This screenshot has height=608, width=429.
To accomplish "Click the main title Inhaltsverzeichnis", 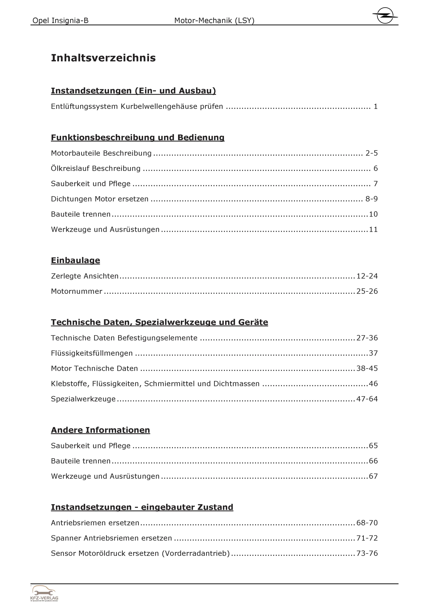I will (103, 58).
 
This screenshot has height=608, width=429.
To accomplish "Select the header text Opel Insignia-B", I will (60, 20).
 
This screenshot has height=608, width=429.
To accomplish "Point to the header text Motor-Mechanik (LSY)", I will (214, 20).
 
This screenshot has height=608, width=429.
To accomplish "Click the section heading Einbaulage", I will (75, 260).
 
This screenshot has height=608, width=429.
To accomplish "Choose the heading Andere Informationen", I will (100, 430).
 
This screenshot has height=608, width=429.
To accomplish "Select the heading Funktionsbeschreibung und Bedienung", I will (137, 137).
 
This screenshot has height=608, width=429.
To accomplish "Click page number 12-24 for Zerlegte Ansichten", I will (367, 276).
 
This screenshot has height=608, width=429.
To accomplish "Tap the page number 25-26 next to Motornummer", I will (367, 291).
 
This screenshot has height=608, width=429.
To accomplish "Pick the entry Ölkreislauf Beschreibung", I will (96, 168).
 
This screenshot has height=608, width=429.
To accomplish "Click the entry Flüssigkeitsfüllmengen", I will (92, 353).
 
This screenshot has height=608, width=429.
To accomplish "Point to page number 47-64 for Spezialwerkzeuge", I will (367, 399).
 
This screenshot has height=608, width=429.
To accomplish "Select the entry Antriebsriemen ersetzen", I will (95, 523).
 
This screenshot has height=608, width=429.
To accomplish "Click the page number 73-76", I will (367, 553).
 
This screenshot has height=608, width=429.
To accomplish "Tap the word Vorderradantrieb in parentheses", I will (196, 553).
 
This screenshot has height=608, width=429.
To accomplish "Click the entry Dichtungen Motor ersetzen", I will (100, 199).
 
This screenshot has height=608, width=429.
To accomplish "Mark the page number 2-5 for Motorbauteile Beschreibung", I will (371, 153).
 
